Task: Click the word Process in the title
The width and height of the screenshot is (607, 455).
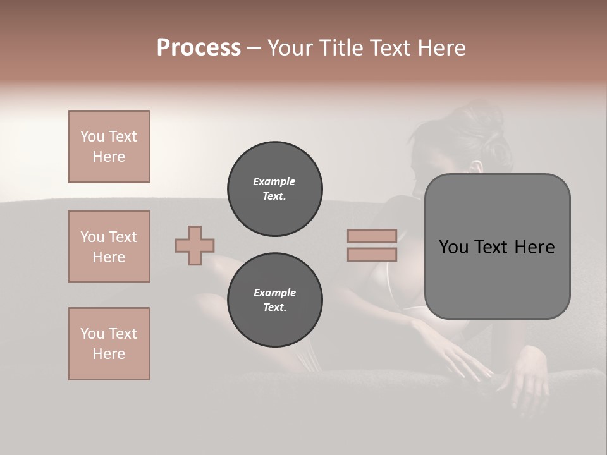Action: click(x=199, y=48)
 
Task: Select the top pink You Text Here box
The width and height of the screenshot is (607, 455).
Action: click(x=109, y=147)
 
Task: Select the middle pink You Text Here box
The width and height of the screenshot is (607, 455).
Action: click(x=109, y=246)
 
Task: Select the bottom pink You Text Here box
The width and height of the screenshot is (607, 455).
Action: click(x=109, y=344)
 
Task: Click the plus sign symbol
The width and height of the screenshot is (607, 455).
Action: click(x=195, y=245)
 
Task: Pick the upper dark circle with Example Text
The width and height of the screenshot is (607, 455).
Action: click(x=274, y=189)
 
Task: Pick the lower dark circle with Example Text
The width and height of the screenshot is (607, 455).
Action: click(x=274, y=300)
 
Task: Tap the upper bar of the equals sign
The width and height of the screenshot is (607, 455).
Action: click(x=372, y=236)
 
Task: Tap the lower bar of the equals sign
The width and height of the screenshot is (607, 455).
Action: click(x=372, y=255)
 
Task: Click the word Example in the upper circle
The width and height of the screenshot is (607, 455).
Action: click(x=274, y=182)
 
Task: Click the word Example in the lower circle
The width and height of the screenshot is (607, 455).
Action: click(x=274, y=293)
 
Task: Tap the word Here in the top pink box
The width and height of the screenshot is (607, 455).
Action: click(x=109, y=157)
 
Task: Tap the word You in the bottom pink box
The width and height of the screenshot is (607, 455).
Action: click(x=92, y=334)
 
